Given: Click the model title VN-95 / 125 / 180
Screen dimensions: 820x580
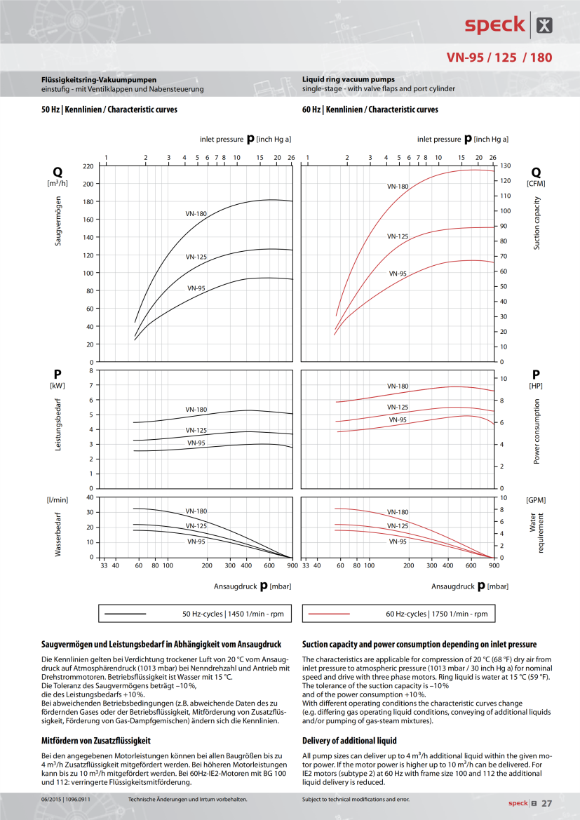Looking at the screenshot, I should pos(499,58).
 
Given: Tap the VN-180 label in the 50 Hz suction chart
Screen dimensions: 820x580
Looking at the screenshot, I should pos(196,213).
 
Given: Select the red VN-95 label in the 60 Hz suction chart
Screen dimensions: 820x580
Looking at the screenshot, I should pos(398,274).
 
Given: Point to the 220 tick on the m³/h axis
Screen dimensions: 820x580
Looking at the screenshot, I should pos(88,166).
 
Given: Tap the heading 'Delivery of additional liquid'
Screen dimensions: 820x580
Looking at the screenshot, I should pos(349,740).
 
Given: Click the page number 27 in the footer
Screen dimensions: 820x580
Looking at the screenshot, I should pos(547,803).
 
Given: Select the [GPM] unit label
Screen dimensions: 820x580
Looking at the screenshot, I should pos(536,500).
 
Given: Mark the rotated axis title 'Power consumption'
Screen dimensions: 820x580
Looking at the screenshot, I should pos(537,431).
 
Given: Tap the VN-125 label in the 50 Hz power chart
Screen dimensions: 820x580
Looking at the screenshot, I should pos(196,430).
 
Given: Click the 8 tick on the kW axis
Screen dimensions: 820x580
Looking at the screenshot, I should pos(90,370).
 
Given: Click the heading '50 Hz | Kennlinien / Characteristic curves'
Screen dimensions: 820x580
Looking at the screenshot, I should pos(109,109).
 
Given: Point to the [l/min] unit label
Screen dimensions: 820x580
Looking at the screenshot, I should pos(57,500).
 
